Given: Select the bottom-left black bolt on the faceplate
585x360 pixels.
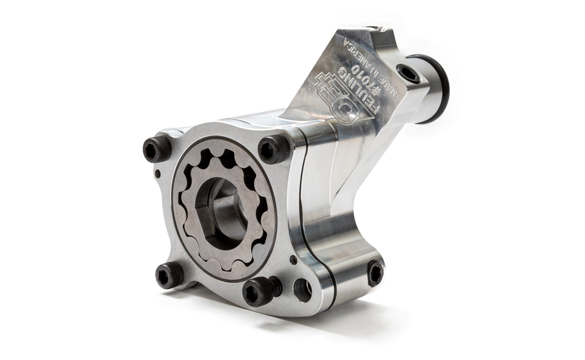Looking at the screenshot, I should pyautogui.click(x=168, y=273).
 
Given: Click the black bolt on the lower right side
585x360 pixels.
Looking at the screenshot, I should pyautogui.click(x=374, y=272).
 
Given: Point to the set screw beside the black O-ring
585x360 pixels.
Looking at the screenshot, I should pyautogui.click(x=408, y=74).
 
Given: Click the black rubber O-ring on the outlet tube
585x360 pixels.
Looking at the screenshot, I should pyautogui.click(x=439, y=88).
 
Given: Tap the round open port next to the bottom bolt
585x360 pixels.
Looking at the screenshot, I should pyautogui.click(x=302, y=289).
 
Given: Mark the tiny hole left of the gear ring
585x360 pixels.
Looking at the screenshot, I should pyautogui.click(x=157, y=174).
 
